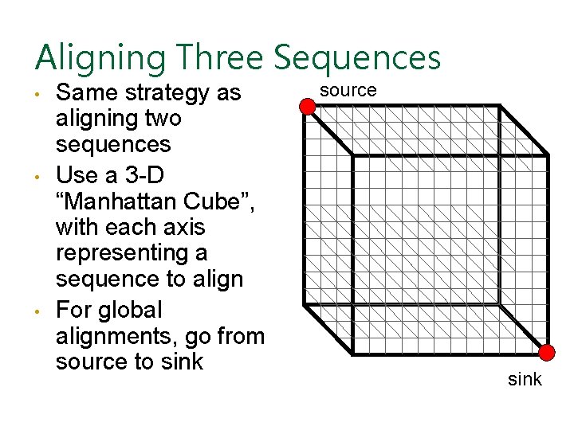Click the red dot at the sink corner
(x=546, y=353)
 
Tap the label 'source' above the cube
(x=348, y=90)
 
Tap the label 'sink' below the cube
(x=525, y=379)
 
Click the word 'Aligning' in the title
(x=99, y=58)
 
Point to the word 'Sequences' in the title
(x=357, y=58)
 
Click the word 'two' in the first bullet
(x=163, y=119)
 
